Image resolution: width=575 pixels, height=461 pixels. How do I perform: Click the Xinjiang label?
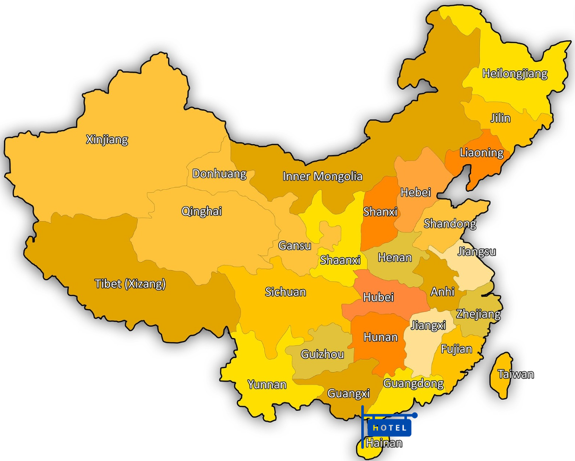click(107, 140)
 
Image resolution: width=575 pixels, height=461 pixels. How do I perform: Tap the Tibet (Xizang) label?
click(130, 284)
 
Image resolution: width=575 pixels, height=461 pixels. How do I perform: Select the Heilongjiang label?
click(515, 74)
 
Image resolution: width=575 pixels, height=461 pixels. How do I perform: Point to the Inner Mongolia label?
click(323, 177)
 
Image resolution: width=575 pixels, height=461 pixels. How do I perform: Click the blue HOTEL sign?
click(389, 428)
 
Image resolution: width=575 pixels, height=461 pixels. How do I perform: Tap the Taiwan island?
click(501, 375)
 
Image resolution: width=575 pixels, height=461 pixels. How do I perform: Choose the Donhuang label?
click(219, 174)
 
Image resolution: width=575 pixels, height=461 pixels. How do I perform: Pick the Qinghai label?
click(201, 211)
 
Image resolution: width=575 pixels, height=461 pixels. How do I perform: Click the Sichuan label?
click(285, 292)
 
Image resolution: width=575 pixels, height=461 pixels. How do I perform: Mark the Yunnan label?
click(267, 384)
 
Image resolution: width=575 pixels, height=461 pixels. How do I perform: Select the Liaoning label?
click(481, 153)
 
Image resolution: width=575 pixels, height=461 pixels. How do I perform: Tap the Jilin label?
click(500, 118)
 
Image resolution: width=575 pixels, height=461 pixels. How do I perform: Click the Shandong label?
click(450, 224)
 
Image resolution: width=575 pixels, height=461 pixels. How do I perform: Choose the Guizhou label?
click(322, 355)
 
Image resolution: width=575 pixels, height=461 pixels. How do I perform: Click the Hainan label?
click(384, 443)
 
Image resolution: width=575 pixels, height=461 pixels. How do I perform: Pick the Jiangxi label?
click(428, 326)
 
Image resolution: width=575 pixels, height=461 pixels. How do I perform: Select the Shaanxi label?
click(340, 260)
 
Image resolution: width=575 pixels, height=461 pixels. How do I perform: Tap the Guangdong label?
click(413, 384)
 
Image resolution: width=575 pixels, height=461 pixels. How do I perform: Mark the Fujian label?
click(456, 349)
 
